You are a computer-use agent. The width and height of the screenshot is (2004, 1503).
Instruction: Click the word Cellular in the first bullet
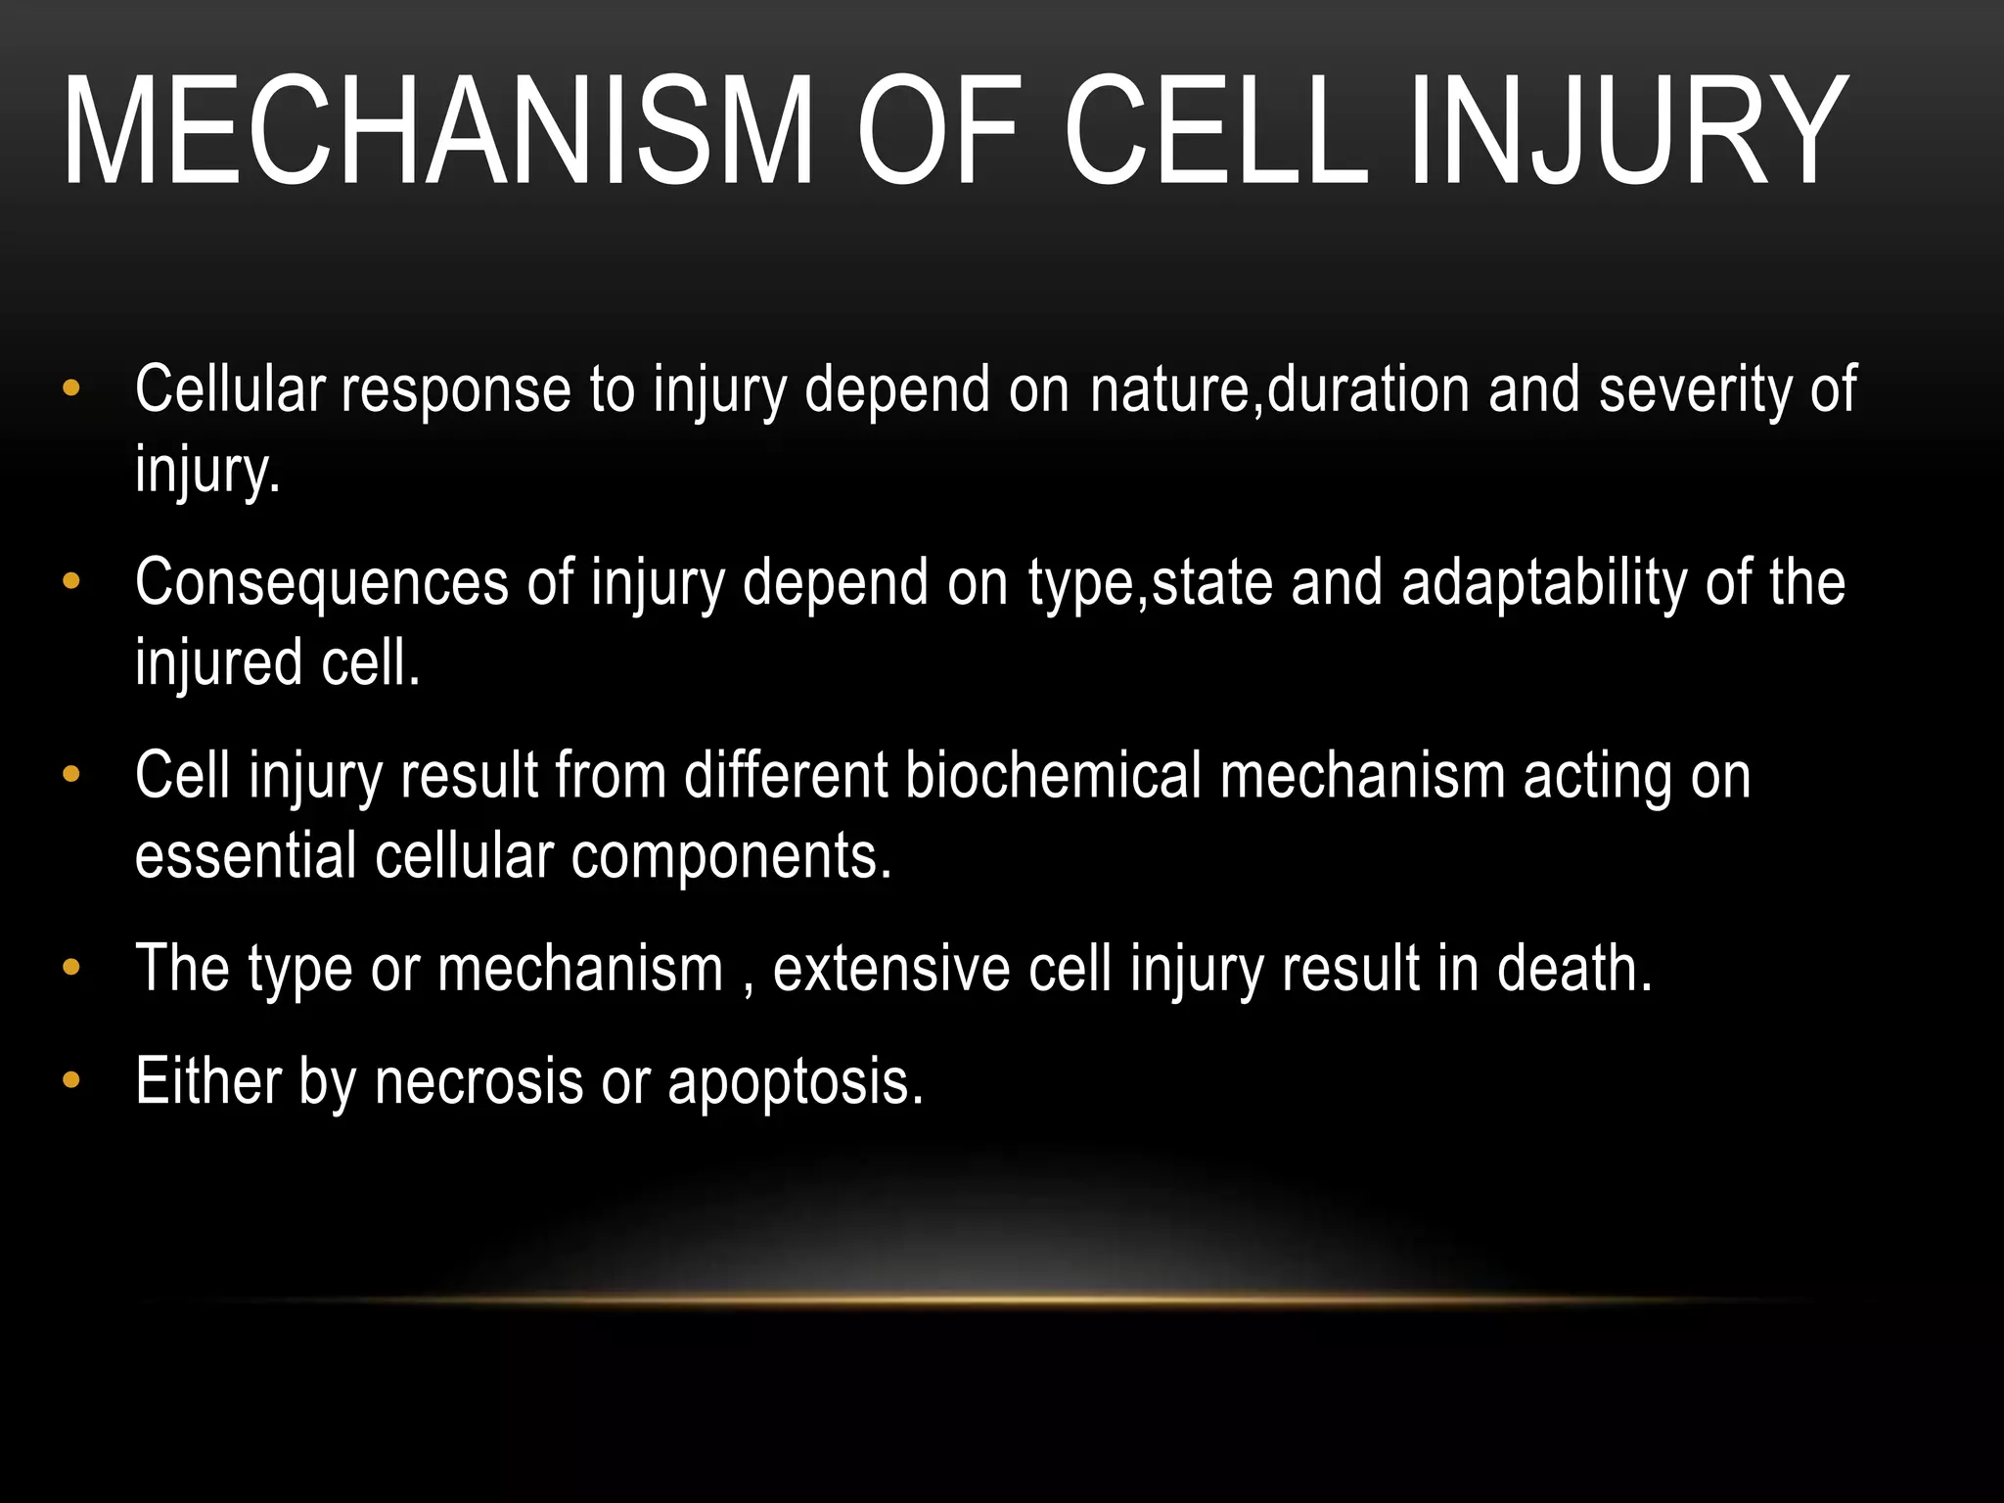tap(229, 389)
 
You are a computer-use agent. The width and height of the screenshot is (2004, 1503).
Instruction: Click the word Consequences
tap(322, 582)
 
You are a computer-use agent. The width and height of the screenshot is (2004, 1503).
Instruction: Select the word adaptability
tap(1544, 582)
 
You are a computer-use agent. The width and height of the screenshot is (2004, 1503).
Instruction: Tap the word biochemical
tap(1053, 775)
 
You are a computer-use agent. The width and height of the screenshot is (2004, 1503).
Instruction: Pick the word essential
tap(246, 856)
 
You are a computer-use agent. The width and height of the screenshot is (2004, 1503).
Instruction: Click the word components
tap(731, 856)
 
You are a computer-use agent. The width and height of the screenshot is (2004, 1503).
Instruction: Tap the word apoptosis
tap(795, 1084)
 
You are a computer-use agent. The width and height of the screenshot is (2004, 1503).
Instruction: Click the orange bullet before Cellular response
tap(70, 389)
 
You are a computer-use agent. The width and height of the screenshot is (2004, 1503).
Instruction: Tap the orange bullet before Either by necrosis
tap(70, 1081)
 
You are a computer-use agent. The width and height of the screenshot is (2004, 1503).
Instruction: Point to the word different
tap(786, 775)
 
